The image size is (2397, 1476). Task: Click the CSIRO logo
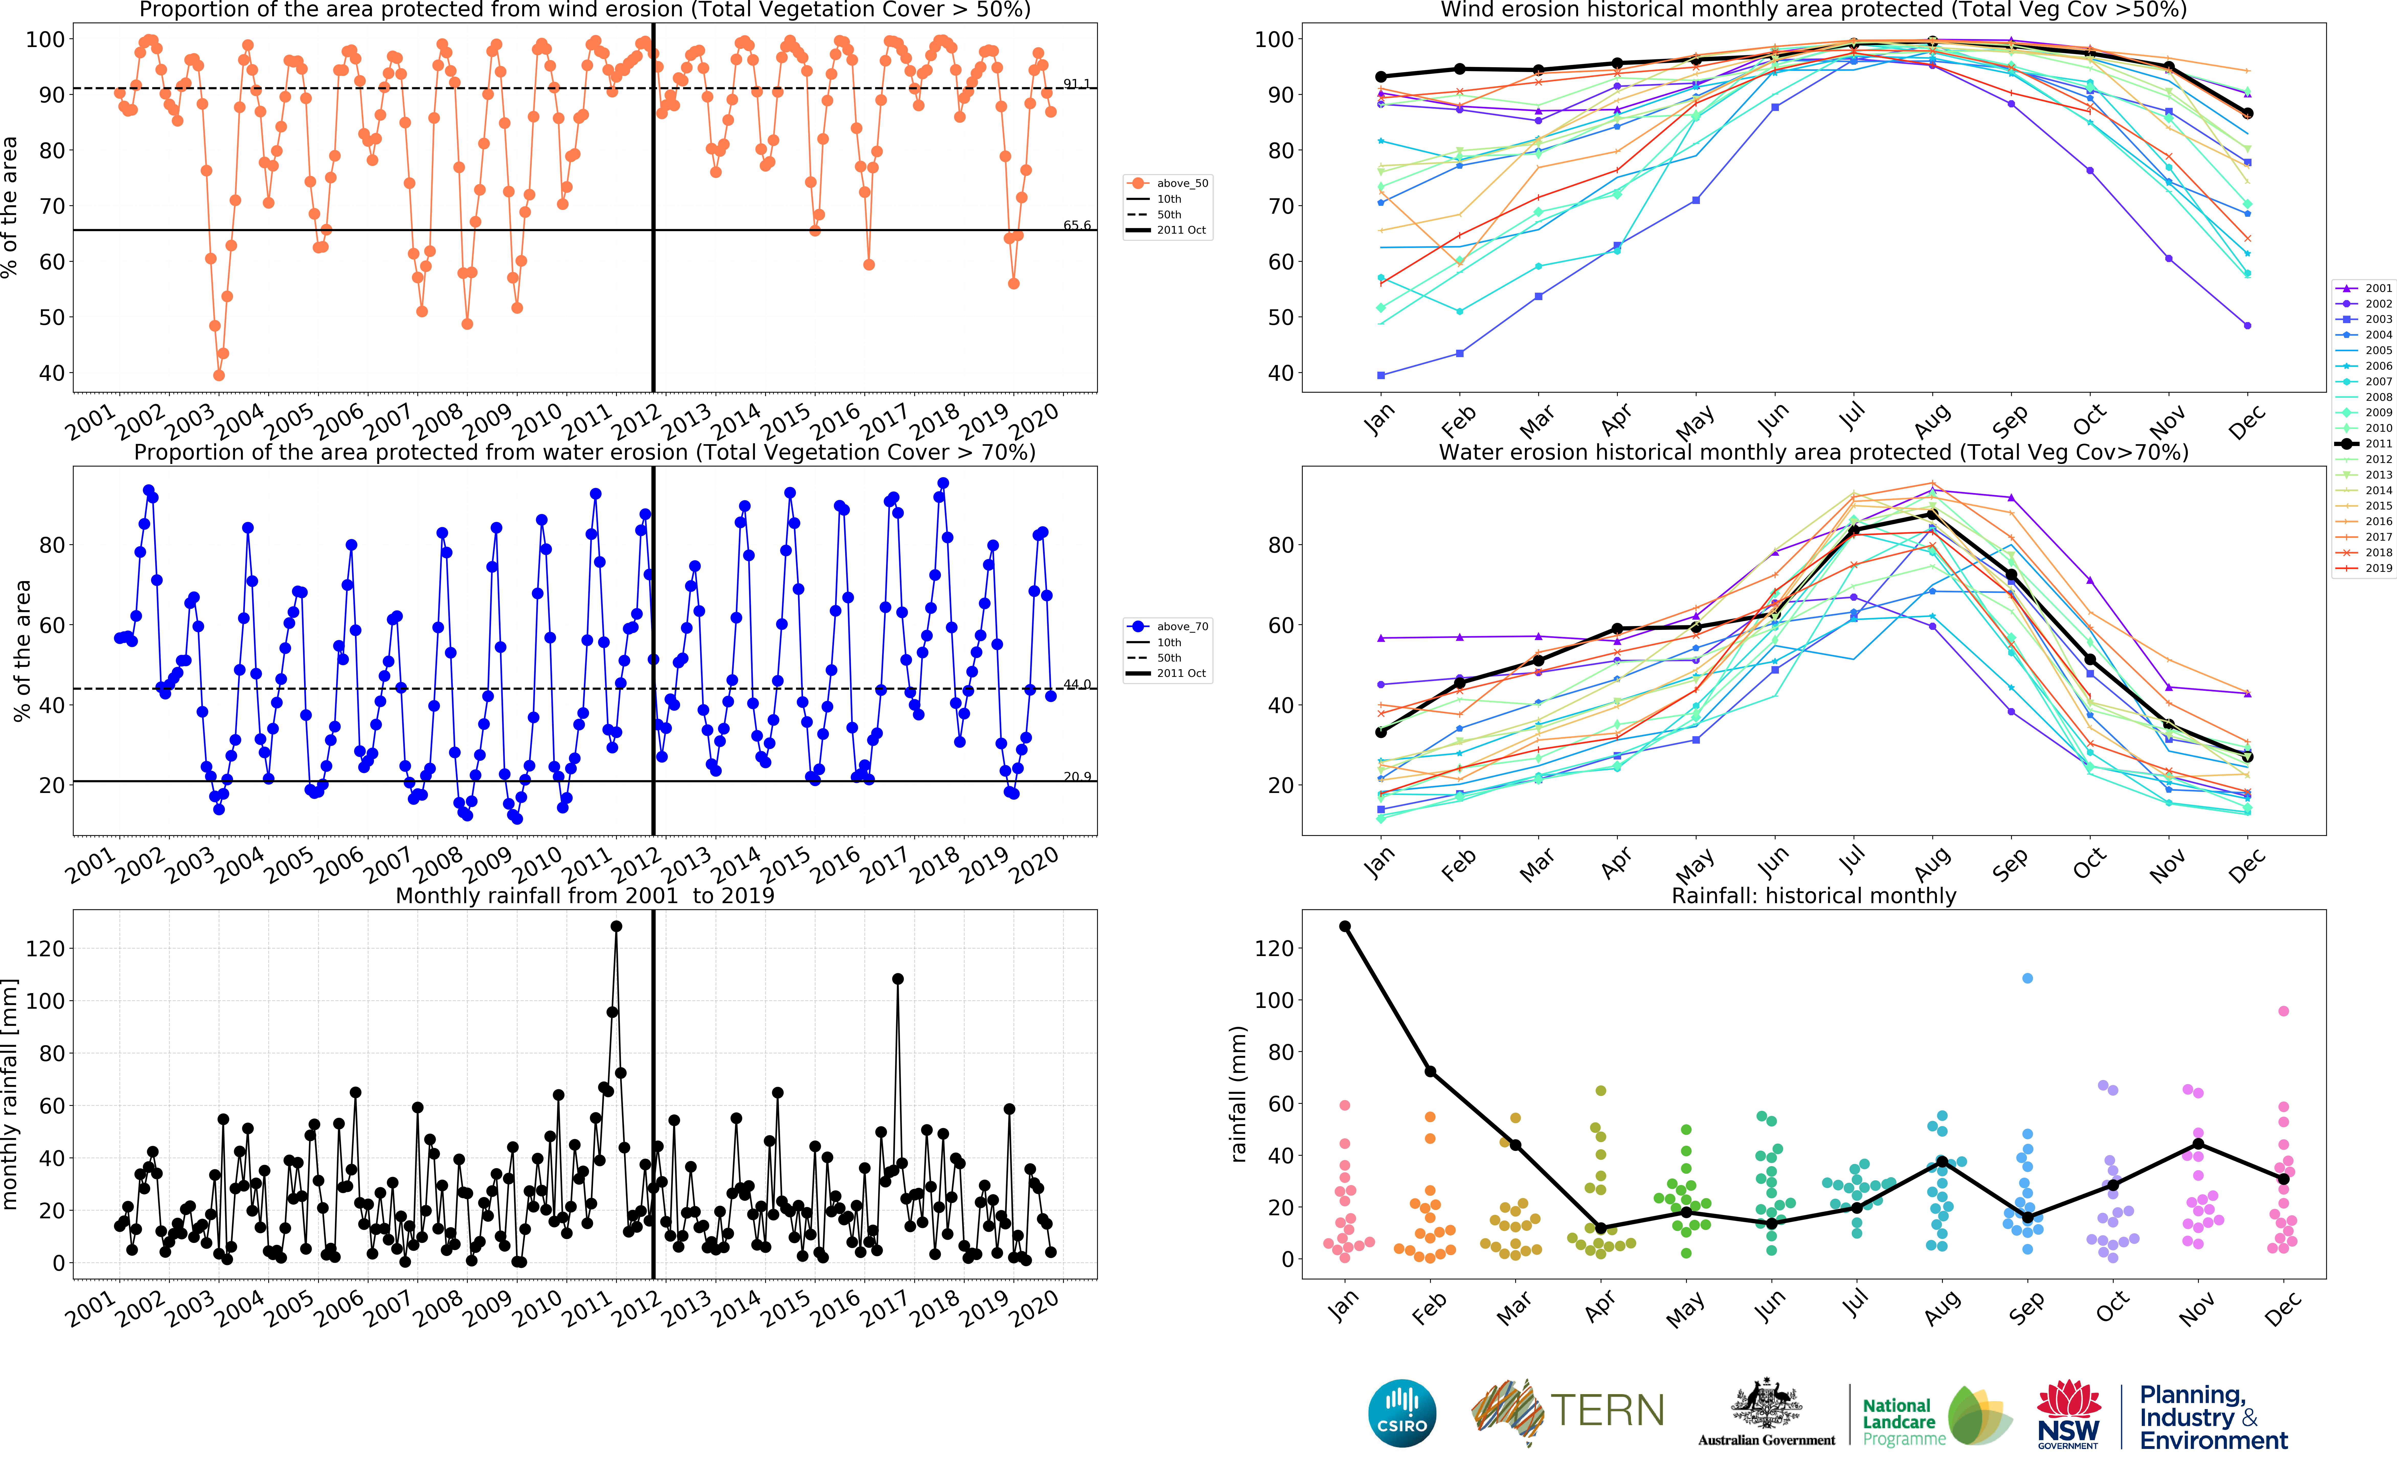tap(1402, 1413)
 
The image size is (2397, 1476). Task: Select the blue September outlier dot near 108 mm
tap(2027, 978)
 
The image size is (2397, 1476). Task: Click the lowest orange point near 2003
tap(219, 375)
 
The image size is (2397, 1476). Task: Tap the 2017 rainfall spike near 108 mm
tap(897, 979)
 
